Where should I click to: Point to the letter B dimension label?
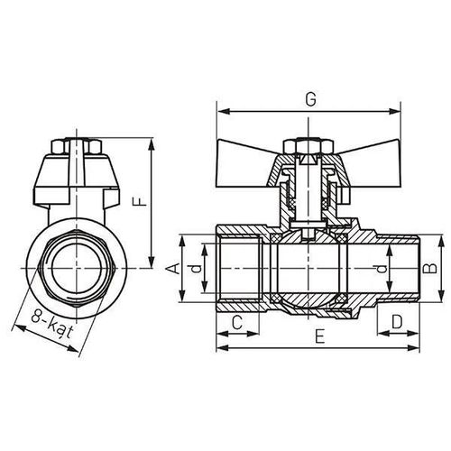coord(430,267)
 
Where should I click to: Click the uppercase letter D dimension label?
coord(397,323)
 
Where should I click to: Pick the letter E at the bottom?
coord(320,336)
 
